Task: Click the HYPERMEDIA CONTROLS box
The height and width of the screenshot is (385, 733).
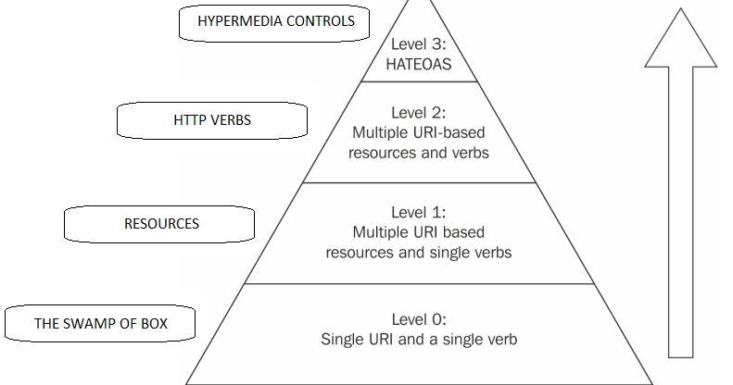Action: (276, 23)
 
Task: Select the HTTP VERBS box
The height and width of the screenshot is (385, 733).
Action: (212, 120)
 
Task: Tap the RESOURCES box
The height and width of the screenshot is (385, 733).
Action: (161, 223)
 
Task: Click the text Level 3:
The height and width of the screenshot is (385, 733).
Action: (419, 43)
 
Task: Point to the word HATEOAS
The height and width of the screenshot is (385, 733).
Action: (419, 64)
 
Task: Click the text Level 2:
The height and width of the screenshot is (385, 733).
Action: (419, 113)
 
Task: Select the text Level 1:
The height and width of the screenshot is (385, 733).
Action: (419, 212)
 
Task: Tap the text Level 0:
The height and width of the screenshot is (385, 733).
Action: (419, 319)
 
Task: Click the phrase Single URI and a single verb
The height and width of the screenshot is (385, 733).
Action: (419, 340)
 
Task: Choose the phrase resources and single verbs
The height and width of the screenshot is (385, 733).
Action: (419, 251)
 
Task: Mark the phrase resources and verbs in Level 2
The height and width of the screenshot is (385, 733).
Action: (419, 152)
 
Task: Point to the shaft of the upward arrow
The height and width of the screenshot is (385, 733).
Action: (680, 213)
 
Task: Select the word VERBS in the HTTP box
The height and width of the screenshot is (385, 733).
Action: (231, 120)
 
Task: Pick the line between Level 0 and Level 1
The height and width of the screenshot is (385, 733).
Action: (419, 284)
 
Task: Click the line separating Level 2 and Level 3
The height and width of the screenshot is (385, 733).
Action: (419, 81)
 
